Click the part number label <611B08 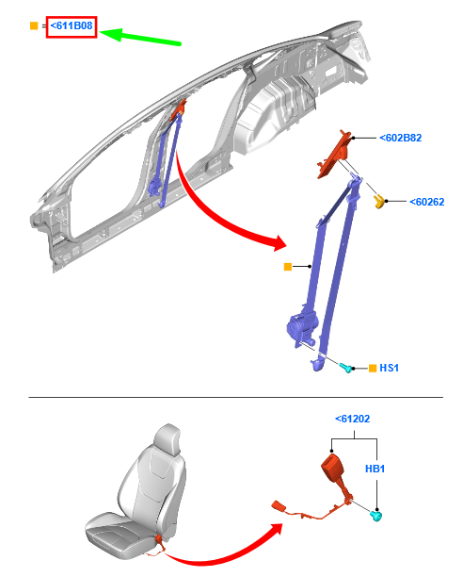click(72, 25)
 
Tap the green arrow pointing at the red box click(140, 37)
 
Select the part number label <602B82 click(400, 138)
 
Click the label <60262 click(426, 202)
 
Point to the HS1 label click(389, 368)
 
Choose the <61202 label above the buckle click(353, 419)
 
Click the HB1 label click(375, 469)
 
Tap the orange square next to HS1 click(373, 368)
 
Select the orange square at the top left click(34, 25)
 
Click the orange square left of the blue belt click(288, 267)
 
